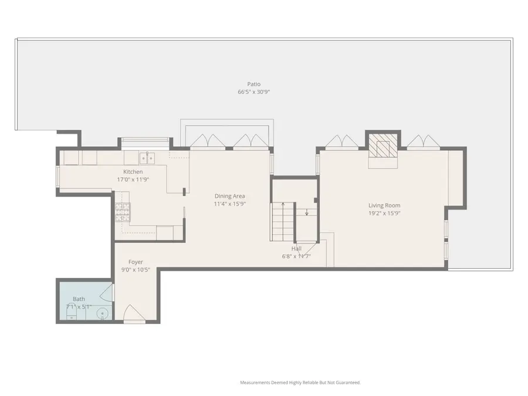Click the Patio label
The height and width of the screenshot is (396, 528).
click(x=253, y=84)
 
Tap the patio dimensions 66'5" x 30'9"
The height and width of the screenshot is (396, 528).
click(x=253, y=92)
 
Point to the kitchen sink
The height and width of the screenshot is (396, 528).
click(x=147, y=157)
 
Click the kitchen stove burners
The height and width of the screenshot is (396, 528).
click(x=122, y=212)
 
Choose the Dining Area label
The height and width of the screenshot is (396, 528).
click(x=229, y=196)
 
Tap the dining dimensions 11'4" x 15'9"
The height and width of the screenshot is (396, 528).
click(x=229, y=204)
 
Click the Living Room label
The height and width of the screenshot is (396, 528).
click(x=384, y=205)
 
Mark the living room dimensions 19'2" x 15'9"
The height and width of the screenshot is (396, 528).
click(x=384, y=214)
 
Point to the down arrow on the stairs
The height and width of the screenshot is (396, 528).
click(x=306, y=212)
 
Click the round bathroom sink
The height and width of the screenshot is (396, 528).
click(x=103, y=314)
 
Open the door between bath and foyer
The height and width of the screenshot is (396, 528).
click(x=107, y=292)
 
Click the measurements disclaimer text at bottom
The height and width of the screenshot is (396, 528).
click(x=300, y=383)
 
